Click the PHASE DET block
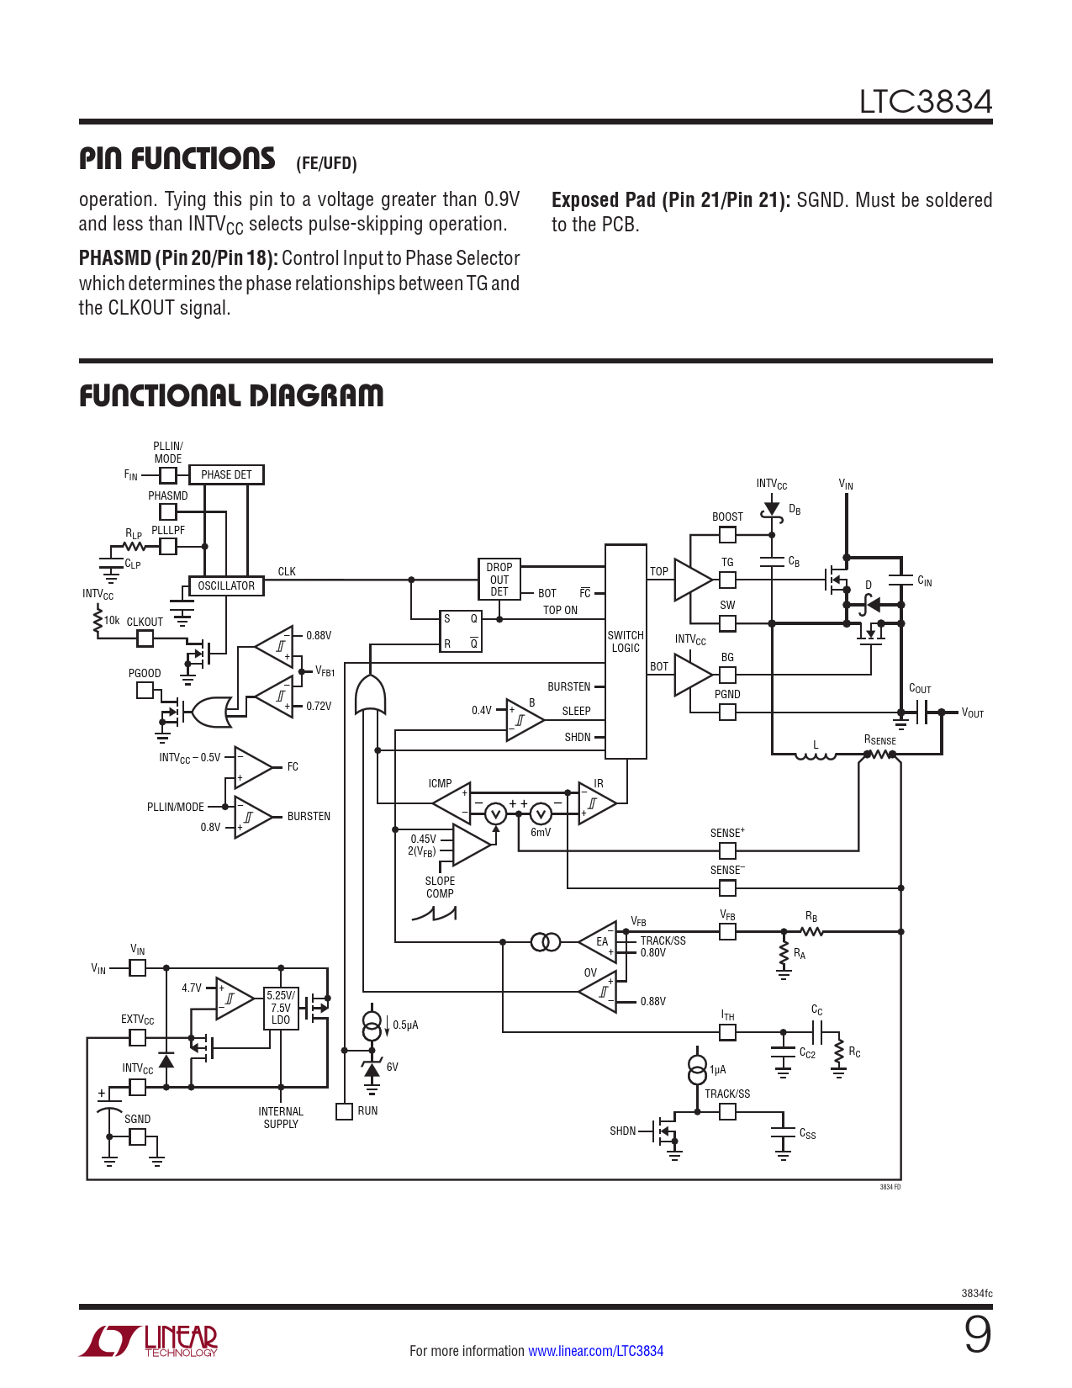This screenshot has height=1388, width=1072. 226,475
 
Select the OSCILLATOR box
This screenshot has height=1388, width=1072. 225,586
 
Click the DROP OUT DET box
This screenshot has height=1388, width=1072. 499,580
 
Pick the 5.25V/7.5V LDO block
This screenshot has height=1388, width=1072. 281,1008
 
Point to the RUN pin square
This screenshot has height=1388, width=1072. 344,1111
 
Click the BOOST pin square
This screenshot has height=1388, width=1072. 727,535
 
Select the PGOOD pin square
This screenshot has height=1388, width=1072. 145,691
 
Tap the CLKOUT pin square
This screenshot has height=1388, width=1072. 145,638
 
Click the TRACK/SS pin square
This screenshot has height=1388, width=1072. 727,1111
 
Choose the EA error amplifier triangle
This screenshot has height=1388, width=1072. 600,941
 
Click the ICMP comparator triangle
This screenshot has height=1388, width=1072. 455,803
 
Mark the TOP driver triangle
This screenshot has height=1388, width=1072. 690,580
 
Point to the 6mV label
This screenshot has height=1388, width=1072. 541,833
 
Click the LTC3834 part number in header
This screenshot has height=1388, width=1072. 925,102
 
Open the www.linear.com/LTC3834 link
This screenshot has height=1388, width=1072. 595,1351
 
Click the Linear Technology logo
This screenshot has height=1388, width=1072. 149,1341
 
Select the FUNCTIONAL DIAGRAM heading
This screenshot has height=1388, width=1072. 231,396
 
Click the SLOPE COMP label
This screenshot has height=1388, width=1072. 440,887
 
